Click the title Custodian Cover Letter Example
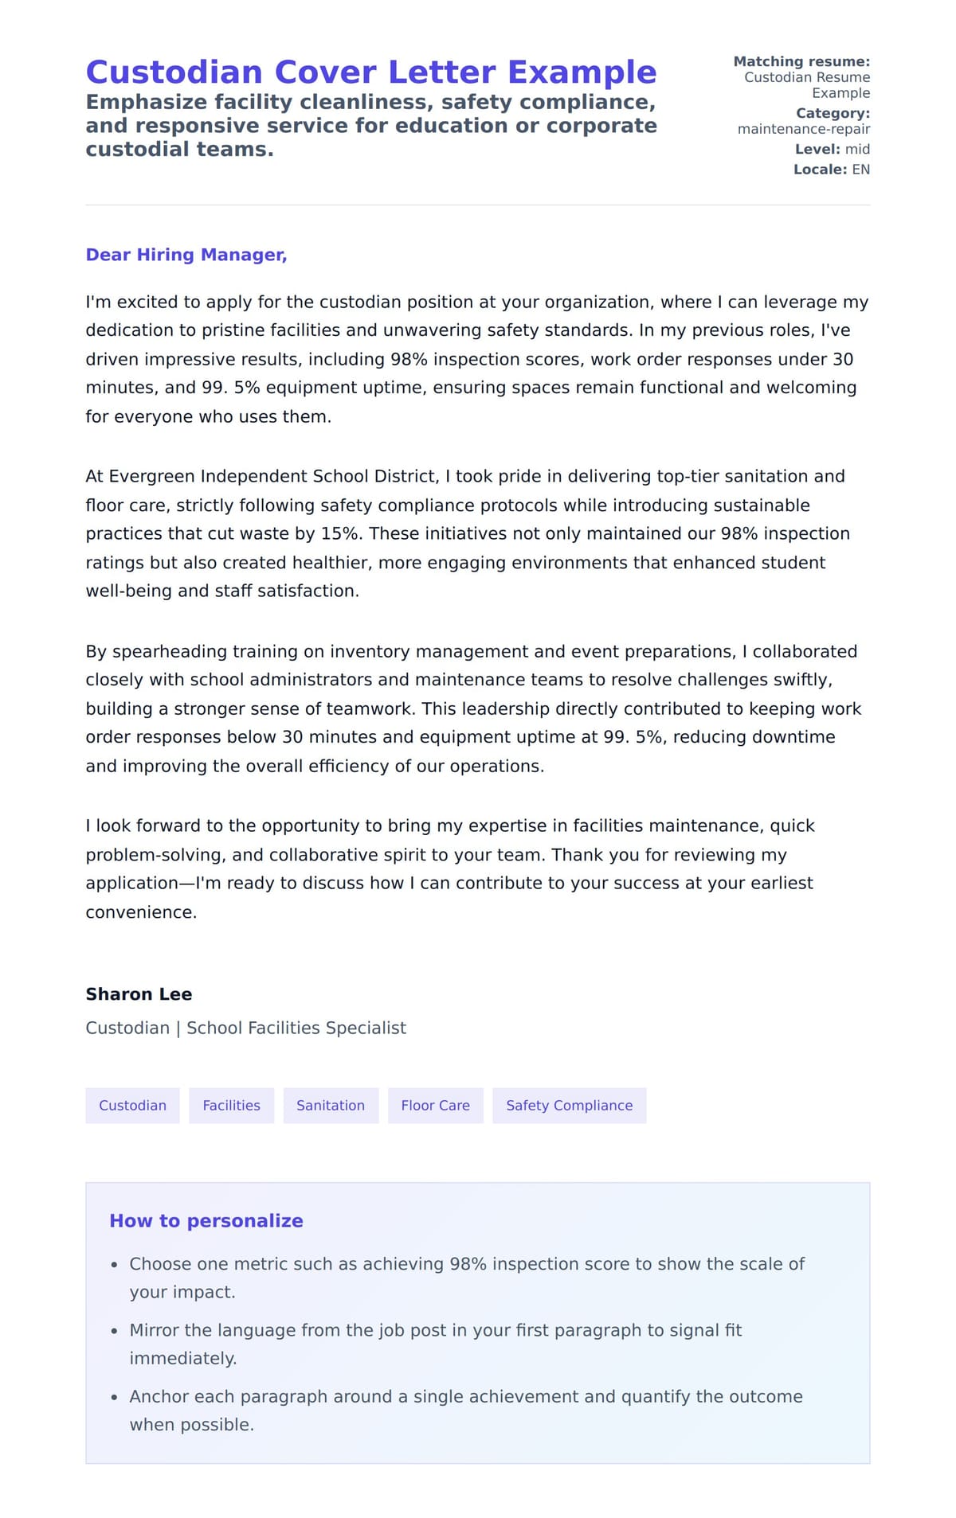(370, 72)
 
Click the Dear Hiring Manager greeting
(186, 255)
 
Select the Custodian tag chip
(132, 1106)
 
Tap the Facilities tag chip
(231, 1106)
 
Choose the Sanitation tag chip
(331, 1106)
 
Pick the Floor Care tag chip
(435, 1106)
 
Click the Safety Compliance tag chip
(569, 1106)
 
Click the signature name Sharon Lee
(139, 994)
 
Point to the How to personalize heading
(206, 1221)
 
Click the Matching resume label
(801, 61)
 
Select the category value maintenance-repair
(803, 129)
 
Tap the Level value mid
(857, 150)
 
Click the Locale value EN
(860, 170)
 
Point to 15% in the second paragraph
(339, 533)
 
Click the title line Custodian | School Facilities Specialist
(245, 1028)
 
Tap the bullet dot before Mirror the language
(115, 1331)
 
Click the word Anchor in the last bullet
(157, 1396)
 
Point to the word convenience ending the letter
(140, 912)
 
